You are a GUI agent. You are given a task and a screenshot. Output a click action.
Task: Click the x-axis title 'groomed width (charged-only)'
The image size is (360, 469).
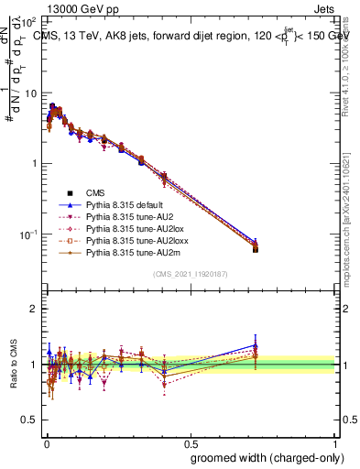coord(261,456)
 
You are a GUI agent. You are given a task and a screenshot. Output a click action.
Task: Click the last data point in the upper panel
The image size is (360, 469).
coord(256,248)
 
